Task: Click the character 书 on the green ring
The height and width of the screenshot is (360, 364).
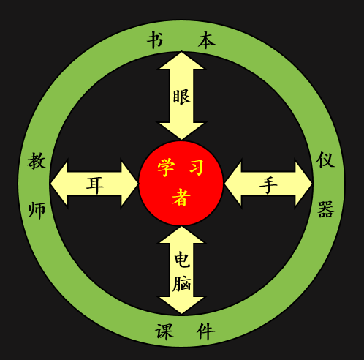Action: pyautogui.click(x=155, y=40)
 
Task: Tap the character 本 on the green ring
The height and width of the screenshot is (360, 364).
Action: pyautogui.click(x=207, y=40)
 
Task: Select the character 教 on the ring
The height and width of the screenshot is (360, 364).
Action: pyautogui.click(x=37, y=161)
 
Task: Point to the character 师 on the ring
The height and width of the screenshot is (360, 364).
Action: pyautogui.click(x=37, y=210)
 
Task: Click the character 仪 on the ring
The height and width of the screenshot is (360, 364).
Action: pyautogui.click(x=325, y=160)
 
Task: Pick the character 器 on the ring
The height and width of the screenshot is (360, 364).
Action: pyautogui.click(x=325, y=209)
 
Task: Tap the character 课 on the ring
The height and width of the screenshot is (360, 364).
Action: pyautogui.click(x=164, y=331)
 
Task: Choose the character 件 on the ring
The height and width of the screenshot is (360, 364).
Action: pyautogui.click(x=205, y=331)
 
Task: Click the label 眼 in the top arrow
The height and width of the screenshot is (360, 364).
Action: pyautogui.click(x=182, y=97)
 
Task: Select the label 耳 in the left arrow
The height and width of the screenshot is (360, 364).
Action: pyautogui.click(x=95, y=186)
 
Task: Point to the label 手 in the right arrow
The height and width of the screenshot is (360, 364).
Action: pyautogui.click(x=268, y=185)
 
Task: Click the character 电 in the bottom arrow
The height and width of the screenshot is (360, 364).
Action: pyautogui.click(x=182, y=260)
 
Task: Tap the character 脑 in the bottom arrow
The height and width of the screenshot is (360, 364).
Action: pyautogui.click(x=181, y=284)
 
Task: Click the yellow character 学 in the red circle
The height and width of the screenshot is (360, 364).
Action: pyautogui.click(x=166, y=167)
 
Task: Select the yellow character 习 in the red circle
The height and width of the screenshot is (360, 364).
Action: pyautogui.click(x=197, y=167)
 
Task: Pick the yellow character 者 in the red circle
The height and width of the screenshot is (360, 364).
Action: pyautogui.click(x=181, y=198)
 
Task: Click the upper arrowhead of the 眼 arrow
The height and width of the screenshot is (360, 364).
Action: pyautogui.click(x=181, y=61)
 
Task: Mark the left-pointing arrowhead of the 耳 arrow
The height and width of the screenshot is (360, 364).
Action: pyautogui.click(x=59, y=184)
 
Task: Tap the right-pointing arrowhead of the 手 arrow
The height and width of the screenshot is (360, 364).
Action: pyautogui.click(x=303, y=184)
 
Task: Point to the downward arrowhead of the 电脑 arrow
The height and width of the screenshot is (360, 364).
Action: pyautogui.click(x=181, y=305)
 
